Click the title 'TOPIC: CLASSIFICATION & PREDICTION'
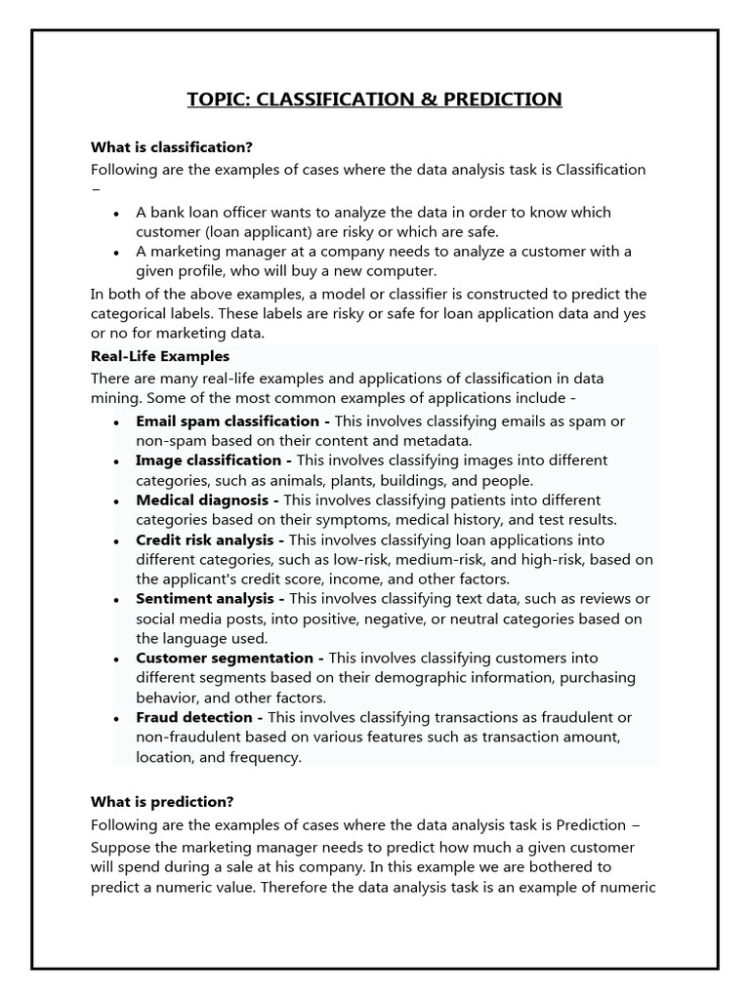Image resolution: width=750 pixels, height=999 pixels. pos(375,100)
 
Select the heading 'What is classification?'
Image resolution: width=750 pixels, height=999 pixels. pos(172,147)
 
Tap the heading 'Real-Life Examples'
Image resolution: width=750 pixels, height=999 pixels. pos(160,356)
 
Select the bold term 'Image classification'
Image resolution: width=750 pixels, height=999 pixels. pos(209,460)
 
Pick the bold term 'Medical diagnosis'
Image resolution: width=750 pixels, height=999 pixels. pos(201,499)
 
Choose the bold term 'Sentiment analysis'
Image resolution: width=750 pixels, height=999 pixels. pos(206,598)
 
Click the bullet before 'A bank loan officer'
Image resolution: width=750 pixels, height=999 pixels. pos(117,213)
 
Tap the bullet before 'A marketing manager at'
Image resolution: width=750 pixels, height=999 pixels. pos(117,252)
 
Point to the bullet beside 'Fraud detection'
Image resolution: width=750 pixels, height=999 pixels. pos(117,718)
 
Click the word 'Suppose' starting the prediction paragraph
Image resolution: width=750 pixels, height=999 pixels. pos(120,847)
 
